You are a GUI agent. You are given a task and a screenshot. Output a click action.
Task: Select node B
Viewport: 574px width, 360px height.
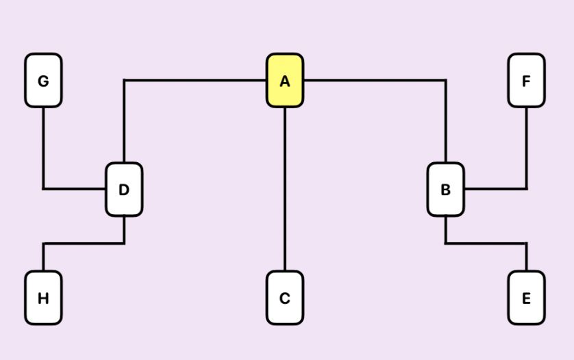[x=445, y=190]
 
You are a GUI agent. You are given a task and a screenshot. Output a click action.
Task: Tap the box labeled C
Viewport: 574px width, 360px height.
[x=285, y=298]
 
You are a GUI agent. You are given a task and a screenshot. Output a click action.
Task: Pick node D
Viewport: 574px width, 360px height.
[x=124, y=190]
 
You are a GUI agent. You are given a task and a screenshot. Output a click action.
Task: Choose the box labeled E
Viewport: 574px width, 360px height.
[x=526, y=298]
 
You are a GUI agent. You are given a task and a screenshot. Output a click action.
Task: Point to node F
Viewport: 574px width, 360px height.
[x=526, y=81]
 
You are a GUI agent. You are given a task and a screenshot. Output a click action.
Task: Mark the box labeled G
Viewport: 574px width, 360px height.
[x=43, y=81]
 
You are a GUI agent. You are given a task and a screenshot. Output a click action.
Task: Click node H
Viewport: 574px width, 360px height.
[x=43, y=298]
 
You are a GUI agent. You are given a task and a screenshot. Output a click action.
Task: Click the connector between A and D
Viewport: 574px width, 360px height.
[x=192, y=81]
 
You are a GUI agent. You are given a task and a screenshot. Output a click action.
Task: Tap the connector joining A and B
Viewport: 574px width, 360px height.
[x=377, y=81]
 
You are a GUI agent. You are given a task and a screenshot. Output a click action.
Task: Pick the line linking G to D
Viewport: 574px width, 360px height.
[x=43, y=151]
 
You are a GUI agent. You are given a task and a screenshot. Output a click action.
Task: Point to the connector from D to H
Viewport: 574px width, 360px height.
[x=82, y=243]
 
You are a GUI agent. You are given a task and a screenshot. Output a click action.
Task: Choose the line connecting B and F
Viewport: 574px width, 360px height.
[x=526, y=151]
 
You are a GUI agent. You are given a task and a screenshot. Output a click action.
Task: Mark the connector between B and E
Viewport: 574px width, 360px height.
[x=486, y=243]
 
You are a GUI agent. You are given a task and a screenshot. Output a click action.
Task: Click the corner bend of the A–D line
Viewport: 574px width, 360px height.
[x=124, y=81]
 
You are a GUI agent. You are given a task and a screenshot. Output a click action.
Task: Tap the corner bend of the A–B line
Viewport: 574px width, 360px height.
[x=445, y=81]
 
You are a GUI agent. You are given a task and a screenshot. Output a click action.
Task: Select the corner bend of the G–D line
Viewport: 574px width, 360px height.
[x=43, y=188]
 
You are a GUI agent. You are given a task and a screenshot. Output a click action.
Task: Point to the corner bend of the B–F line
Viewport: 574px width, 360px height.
[x=526, y=188]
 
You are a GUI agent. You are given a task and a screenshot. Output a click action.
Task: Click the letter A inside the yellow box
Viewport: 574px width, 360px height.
[x=285, y=81]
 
